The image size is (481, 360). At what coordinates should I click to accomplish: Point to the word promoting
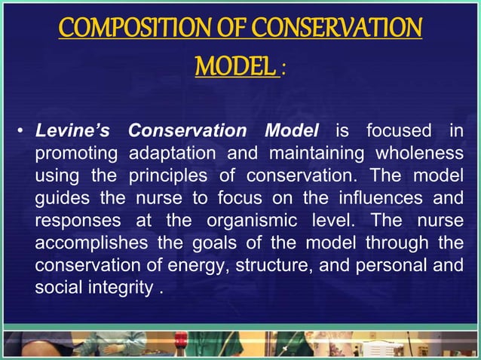coord(76,155)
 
